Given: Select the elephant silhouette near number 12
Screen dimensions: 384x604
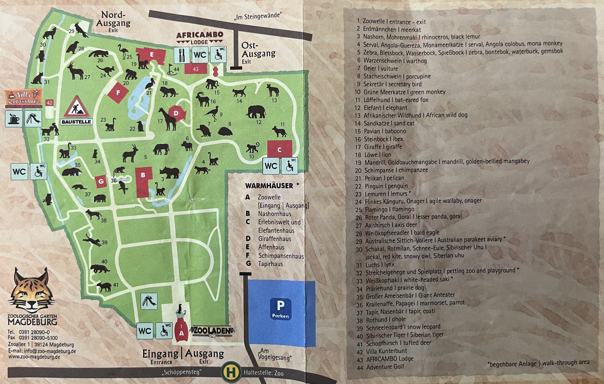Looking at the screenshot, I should point(256,112).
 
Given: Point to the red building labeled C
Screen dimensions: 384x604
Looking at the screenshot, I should point(279,149).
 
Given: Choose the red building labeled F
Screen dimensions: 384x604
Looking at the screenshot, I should point(118,92).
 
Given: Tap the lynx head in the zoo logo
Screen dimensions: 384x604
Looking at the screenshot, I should point(32,291).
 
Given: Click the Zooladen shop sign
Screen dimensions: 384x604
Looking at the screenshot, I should point(212,331).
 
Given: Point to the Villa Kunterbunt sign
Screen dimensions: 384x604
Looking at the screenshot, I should point(24,98).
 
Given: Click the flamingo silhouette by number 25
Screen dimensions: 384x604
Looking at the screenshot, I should point(123,51).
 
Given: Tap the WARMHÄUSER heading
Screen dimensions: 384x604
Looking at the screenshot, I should point(269,186).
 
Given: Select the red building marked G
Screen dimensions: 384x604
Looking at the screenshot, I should point(101,182).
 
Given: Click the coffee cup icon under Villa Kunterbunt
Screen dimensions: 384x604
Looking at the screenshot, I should point(14,119).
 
